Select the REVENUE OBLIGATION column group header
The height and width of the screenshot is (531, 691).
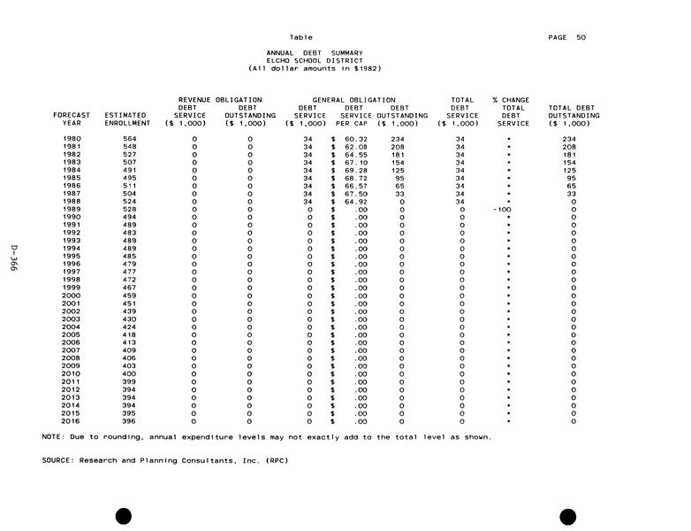(220, 100)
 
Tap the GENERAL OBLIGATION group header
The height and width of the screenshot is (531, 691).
(353, 100)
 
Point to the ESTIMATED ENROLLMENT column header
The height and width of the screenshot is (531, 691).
(126, 119)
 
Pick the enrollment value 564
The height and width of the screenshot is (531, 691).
(129, 139)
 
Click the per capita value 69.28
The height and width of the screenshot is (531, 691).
(355, 170)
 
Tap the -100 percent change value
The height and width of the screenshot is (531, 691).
(508, 209)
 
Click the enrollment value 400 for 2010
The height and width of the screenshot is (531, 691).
(129, 373)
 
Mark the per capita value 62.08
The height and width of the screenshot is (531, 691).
(355, 147)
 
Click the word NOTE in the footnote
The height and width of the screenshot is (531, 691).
(51, 436)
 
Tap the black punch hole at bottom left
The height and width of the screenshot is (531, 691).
(124, 516)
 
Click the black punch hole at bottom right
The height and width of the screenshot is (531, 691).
(567, 516)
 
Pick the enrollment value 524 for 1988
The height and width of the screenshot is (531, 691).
(129, 202)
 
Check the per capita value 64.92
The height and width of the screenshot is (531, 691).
(355, 202)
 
